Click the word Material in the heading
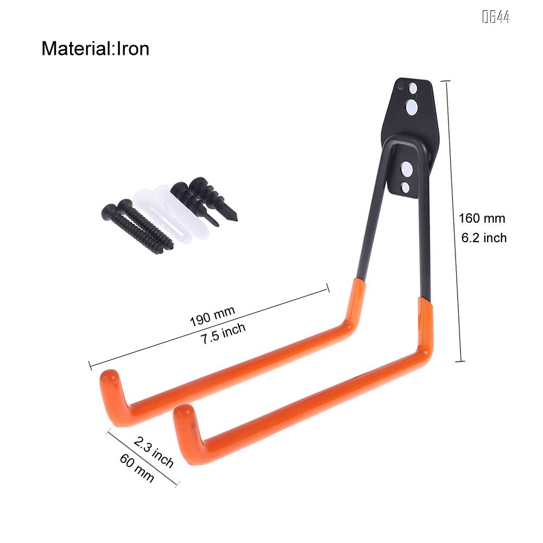pos(75,49)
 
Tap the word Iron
pos(131,49)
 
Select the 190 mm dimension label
pos(212,316)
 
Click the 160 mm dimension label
pos(482,218)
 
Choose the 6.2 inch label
pos(483,237)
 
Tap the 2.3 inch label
pos(154,451)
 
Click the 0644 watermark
pos(496,17)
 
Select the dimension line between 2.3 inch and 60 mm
pos(143,457)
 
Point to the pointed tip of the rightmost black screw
pos(235,219)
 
